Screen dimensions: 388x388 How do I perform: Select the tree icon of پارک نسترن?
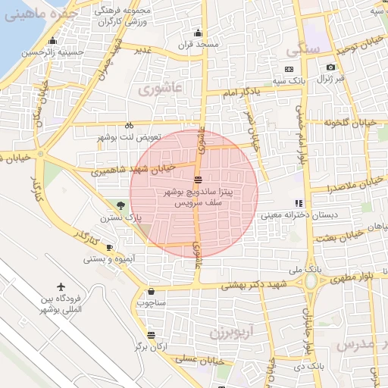122,205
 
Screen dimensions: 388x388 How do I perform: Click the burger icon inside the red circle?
198,180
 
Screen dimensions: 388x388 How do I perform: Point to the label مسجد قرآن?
198,45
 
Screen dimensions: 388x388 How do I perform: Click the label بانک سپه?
289,80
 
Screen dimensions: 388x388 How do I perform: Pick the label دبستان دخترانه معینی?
299,215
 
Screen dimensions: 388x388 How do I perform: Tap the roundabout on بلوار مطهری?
311,282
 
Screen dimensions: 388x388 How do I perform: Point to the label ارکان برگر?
151,346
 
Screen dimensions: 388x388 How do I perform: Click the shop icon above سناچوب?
152,291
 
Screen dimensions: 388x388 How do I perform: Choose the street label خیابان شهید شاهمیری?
133,170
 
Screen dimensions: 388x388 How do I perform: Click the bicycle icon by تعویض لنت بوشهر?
130,125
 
